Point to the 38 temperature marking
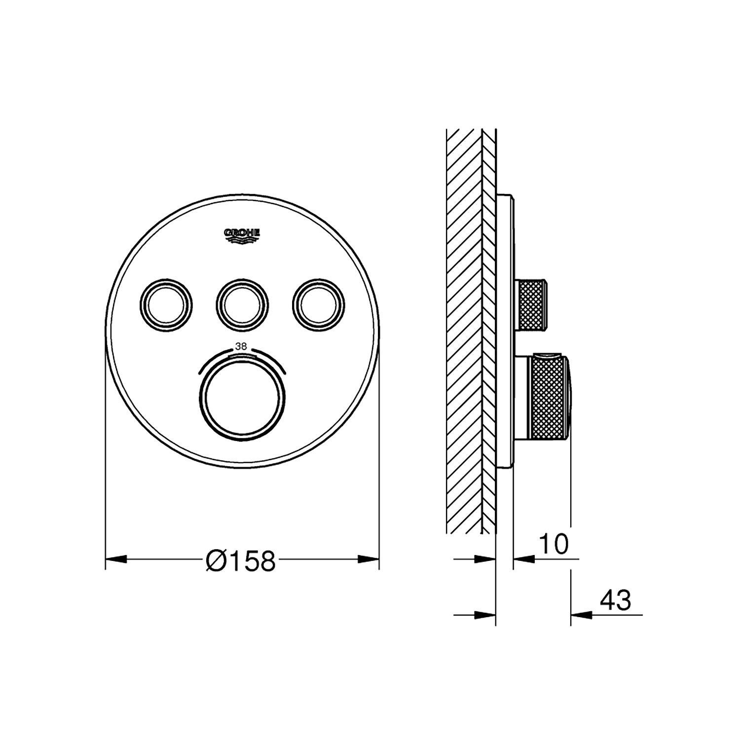point(241,347)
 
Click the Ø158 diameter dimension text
point(240,560)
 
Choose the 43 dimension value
point(615,600)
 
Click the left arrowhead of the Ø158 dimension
point(116,559)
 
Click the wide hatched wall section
point(463,331)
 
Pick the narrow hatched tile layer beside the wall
point(488,331)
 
